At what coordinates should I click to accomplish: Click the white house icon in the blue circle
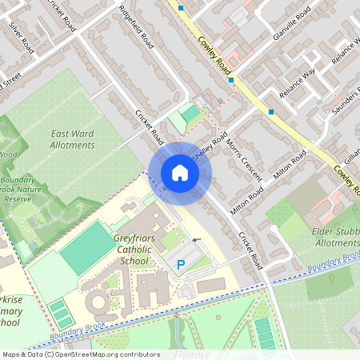(180, 173)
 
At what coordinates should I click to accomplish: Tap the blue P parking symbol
(180, 264)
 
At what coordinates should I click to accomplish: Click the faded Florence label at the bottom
(192, 354)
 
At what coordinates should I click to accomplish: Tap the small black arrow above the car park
(197, 239)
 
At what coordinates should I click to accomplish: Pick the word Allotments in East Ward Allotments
(73, 146)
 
